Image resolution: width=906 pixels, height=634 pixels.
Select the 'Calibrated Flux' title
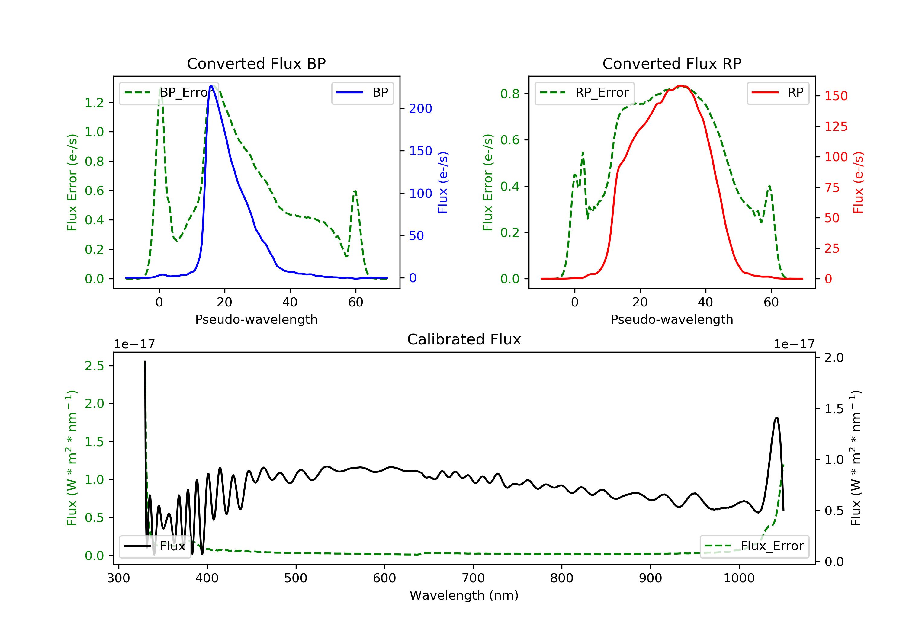point(464,339)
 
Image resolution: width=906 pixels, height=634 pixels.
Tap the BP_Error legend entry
point(169,93)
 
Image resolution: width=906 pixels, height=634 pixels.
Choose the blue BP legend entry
point(362,93)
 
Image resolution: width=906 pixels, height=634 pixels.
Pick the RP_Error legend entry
point(584,93)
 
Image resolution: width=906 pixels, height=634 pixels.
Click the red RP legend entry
point(778,93)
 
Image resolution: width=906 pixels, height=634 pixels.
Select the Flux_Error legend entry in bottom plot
point(754,546)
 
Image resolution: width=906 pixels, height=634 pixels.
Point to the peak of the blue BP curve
point(211,86)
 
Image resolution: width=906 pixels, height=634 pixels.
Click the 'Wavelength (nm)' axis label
point(464,595)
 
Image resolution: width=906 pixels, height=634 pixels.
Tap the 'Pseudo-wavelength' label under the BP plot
point(256,319)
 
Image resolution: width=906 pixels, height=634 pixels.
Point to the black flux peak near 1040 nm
point(776,418)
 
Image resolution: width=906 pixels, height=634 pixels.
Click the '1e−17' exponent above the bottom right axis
point(794,344)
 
